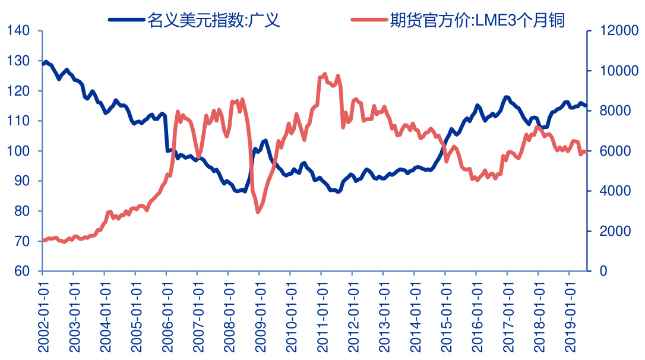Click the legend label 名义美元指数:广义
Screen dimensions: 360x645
(x=213, y=21)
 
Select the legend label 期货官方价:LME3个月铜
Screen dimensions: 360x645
(x=477, y=21)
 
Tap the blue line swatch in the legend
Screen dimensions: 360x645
(x=126, y=21)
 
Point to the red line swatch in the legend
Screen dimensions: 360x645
(x=369, y=21)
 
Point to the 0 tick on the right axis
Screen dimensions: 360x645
(x=596, y=271)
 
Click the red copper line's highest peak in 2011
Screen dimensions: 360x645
(x=324, y=74)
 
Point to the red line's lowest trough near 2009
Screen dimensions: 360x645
(x=258, y=211)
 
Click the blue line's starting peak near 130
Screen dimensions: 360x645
(x=46, y=62)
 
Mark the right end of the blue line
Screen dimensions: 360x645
(x=586, y=106)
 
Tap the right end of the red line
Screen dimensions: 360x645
(x=586, y=152)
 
